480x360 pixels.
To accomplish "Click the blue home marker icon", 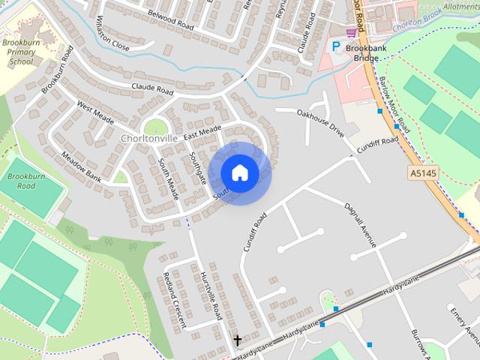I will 240,173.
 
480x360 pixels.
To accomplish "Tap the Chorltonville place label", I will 149,139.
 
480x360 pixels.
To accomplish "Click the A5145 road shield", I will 422,173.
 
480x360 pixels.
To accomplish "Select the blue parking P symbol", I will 336,46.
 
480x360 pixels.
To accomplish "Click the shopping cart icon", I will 351,32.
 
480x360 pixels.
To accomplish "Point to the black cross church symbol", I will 238,340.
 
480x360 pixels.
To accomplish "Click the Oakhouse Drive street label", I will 320,122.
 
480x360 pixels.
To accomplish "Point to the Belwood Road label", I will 171,19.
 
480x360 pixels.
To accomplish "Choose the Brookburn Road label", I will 21,181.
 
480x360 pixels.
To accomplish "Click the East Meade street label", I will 201,132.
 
